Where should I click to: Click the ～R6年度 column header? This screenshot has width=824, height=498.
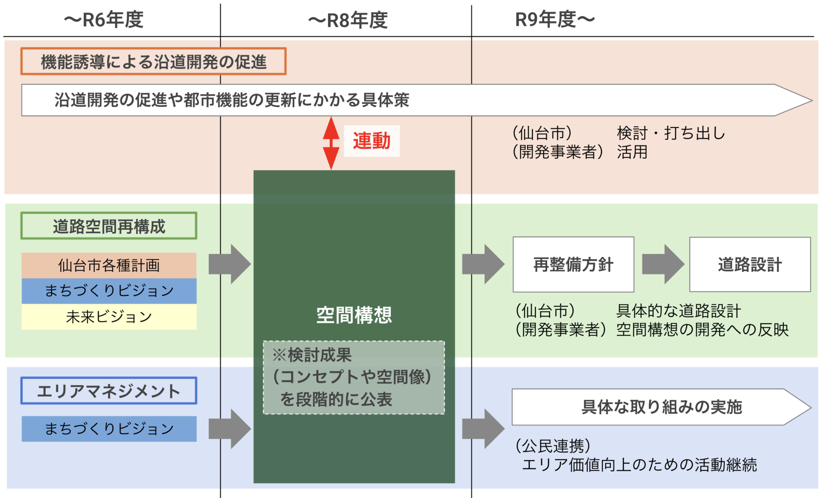pos(104,20)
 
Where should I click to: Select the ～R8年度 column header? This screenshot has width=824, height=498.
pos(348,20)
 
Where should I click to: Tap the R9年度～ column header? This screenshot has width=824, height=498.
pos(555,20)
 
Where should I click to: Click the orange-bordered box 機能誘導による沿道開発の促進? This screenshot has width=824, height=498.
pos(153,62)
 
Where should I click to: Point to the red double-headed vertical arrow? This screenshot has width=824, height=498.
pos(331,143)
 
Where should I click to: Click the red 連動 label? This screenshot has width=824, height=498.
pos(372,141)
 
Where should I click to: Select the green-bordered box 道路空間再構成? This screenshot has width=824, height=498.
pos(109,226)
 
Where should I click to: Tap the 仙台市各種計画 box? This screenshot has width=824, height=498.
pos(109,265)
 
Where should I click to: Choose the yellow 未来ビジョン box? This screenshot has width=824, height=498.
pos(109,317)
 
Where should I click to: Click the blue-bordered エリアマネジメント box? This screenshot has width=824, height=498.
pos(109,391)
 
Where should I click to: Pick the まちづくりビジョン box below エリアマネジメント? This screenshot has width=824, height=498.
pos(109,428)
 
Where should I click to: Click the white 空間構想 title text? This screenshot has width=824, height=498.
pos(354,315)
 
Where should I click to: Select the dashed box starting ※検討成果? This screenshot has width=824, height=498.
pos(354,377)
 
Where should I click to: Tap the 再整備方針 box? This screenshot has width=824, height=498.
pos(573,264)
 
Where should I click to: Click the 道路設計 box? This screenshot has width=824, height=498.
pos(750,264)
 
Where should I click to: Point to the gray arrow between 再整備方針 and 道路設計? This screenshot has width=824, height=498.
pos(663,264)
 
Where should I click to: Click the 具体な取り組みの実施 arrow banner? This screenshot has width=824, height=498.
pos(661,407)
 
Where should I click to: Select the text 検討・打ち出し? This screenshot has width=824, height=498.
pos(671,133)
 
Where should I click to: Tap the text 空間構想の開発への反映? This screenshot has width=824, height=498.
pos(702,330)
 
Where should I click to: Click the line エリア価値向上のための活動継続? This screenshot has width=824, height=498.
pos(639,465)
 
